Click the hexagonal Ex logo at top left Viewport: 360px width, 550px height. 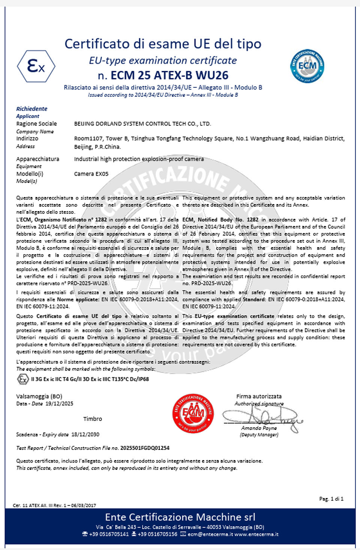point(36,66)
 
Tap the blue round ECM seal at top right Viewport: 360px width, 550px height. point(307,66)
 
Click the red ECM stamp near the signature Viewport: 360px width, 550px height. point(193,413)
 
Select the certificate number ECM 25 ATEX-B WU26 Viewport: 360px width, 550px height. point(169,75)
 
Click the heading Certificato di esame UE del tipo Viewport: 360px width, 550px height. point(163,44)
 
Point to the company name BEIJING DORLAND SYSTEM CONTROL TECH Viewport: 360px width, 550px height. point(142,124)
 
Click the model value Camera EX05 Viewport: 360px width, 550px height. point(91,174)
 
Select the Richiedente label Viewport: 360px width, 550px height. point(31,109)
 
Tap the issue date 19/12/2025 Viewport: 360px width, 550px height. point(59,404)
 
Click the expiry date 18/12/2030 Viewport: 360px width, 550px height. point(85,434)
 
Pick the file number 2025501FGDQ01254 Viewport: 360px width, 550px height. point(145,448)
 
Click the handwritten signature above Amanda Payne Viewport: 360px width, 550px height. point(262,416)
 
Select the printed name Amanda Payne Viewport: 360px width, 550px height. point(259,428)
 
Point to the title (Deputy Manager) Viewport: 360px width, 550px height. point(259,435)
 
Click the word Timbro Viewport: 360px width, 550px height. point(93,419)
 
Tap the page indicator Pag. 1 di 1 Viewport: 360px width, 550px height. point(331,499)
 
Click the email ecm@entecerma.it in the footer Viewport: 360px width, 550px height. point(210,534)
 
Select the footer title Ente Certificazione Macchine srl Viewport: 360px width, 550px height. point(180,517)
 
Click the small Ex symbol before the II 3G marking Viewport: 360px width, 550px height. point(23,379)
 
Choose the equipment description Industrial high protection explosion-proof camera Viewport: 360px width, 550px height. point(139,159)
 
